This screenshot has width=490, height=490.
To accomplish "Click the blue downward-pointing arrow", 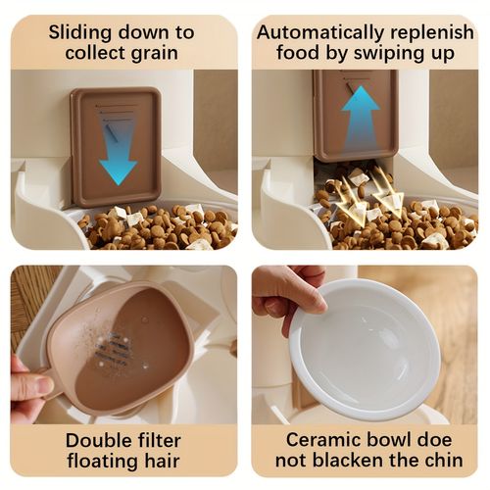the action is [x=118, y=154].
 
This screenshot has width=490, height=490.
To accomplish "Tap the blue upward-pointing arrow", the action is [x=361, y=118].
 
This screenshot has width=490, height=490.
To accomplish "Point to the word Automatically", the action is [x=319, y=32].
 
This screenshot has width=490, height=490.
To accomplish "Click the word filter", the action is [x=156, y=440].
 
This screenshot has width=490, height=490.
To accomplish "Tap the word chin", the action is [x=443, y=461].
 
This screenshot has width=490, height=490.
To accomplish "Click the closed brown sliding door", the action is [x=116, y=147].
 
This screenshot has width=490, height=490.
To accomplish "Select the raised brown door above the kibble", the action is [x=356, y=116].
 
